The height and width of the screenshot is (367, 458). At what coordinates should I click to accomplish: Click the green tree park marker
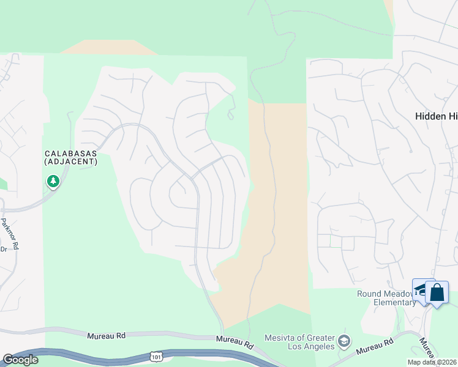coord(53,181)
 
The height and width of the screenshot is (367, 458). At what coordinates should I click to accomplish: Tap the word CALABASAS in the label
coord(70,153)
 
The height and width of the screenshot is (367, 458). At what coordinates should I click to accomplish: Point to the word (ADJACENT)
coord(70,161)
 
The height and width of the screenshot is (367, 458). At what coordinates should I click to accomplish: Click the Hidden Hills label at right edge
coord(436,116)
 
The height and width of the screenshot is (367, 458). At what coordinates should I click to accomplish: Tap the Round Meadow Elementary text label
coord(386,298)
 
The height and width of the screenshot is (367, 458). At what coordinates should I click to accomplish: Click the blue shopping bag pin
coord(437,292)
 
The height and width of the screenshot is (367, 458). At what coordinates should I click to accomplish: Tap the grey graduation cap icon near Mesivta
coord(344,341)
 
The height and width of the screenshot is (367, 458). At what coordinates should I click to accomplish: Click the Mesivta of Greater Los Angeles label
coord(300,342)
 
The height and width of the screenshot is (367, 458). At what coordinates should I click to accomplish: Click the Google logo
coord(20,360)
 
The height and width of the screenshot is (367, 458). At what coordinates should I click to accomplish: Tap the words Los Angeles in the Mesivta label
coord(309,346)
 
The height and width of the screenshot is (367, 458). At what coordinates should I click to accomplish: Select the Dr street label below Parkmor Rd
coord(3,249)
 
